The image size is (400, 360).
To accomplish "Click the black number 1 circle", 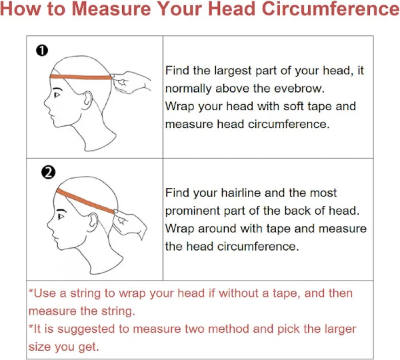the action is point(42,51).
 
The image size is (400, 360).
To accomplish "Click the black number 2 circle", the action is point(48,172).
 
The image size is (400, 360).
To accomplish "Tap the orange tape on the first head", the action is point(81,77).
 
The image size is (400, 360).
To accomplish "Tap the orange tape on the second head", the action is point(85,201).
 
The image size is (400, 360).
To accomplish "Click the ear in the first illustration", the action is point(87,99).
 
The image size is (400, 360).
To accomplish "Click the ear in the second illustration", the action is point(93,221).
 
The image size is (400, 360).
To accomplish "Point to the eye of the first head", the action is point(57,95).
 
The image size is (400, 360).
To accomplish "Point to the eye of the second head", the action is point(61,217).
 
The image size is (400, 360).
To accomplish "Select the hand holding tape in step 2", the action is point(130,224).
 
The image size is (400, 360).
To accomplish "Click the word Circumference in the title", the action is point(331,9).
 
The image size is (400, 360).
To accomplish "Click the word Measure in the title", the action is point(112,9).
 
